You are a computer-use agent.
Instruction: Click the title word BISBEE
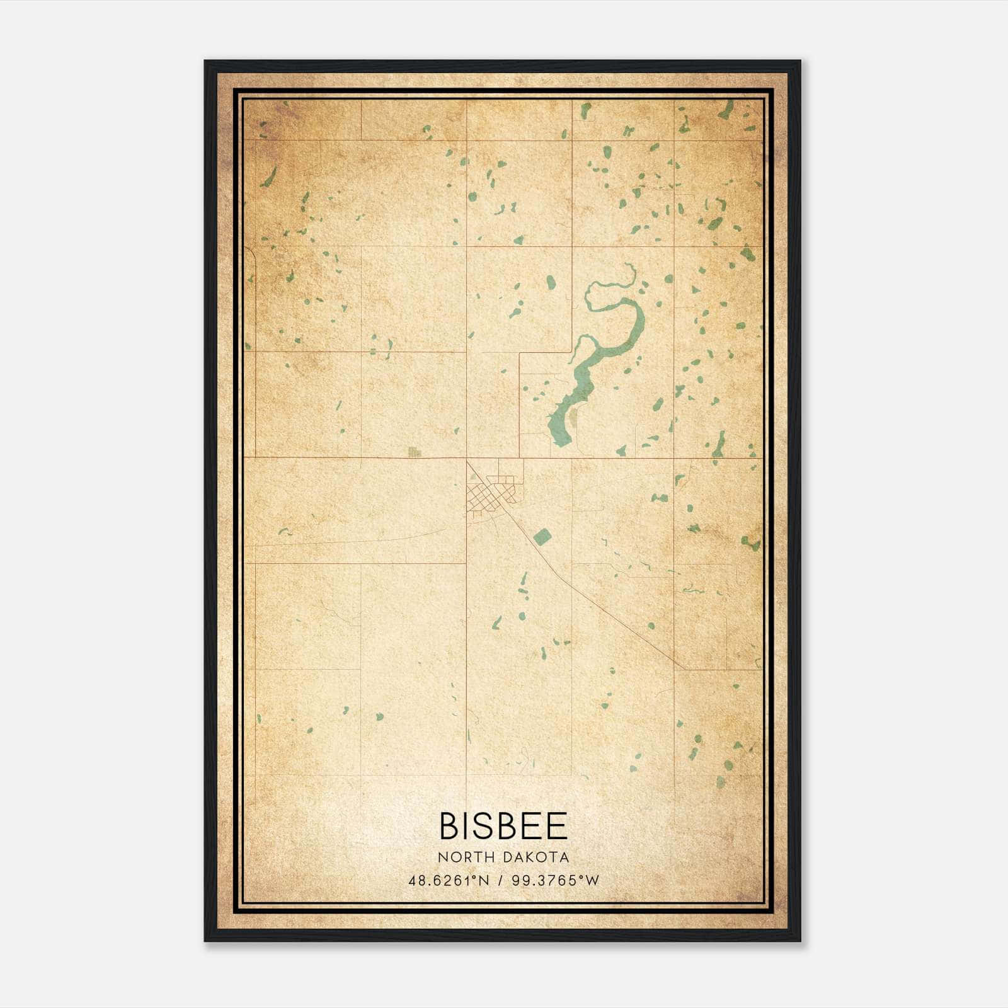click(x=503, y=826)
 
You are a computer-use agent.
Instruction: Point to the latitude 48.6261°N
click(x=448, y=881)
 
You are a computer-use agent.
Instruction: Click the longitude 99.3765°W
click(x=555, y=881)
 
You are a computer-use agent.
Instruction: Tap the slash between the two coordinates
click(x=501, y=881)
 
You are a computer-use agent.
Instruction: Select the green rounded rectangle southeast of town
click(x=542, y=537)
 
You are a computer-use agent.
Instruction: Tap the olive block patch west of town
click(x=414, y=452)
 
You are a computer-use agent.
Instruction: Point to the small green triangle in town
click(x=473, y=478)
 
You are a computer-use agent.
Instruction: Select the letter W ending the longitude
click(x=592, y=881)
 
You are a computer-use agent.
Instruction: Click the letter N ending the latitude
click(x=484, y=881)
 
